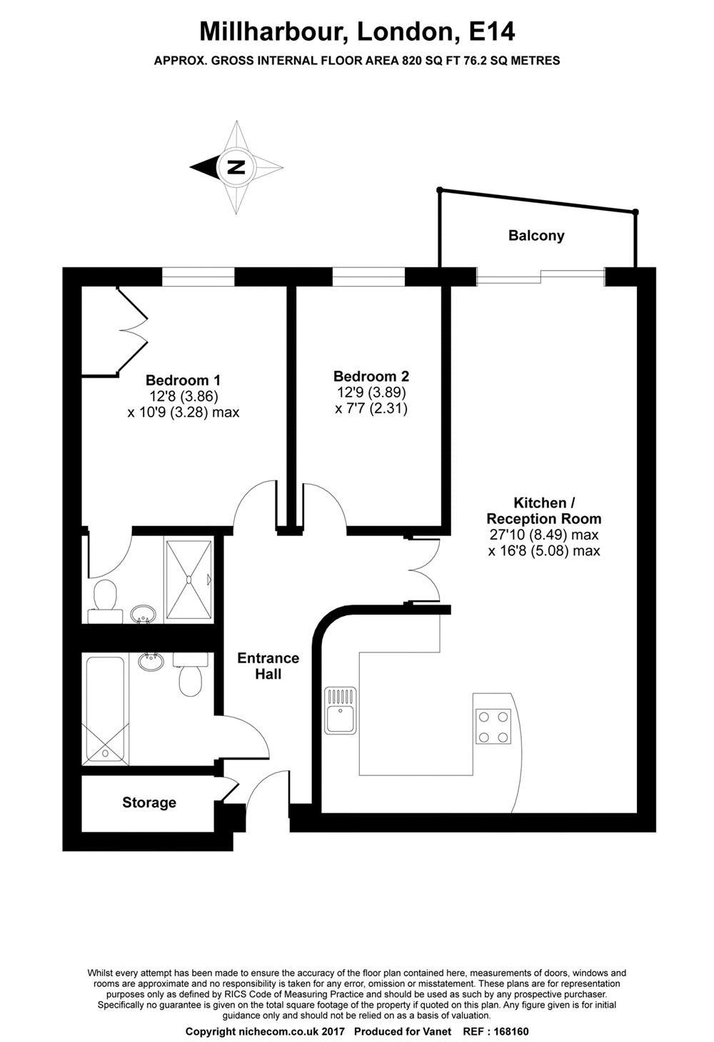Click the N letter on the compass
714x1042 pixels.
236,167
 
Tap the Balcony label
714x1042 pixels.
536,235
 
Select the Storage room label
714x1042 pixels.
149,802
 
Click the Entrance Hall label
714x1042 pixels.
268,665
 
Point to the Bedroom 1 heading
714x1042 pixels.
183,380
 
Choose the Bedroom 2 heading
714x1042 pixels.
371,376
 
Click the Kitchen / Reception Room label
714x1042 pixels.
544,510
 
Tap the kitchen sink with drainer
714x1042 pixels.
341,710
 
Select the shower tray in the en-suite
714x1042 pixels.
188,580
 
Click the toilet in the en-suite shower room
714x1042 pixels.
105,600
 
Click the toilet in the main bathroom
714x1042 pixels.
191,674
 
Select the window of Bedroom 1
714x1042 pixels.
198,277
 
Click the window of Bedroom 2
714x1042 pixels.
368,277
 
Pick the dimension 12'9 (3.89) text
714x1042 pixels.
371,392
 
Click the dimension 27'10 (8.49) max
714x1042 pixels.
544,535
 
